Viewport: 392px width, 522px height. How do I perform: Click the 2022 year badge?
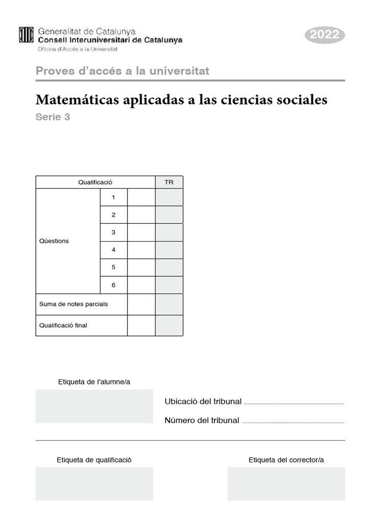point(325,35)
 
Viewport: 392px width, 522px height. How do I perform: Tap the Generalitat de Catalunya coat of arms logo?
point(26,35)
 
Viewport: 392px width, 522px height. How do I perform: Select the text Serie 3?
point(53,117)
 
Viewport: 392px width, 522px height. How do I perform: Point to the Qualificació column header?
point(95,182)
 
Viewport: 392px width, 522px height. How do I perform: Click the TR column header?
point(169,182)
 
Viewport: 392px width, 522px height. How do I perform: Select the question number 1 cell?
point(113,197)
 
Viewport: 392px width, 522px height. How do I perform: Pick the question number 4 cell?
point(113,250)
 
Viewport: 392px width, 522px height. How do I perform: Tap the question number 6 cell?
point(113,285)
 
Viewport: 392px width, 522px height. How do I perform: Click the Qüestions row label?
point(54,241)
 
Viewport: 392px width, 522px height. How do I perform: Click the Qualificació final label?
point(63,325)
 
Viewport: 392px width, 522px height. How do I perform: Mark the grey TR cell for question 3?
point(169,232)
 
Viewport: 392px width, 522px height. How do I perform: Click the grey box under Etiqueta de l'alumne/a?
point(94,406)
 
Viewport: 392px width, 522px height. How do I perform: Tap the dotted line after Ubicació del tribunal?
point(294,403)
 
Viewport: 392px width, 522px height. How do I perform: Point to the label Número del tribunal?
point(202,421)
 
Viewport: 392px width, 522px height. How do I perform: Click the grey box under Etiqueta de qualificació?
point(94,484)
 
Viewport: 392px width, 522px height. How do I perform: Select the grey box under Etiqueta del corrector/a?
point(286,484)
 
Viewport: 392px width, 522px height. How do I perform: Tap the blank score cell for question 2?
point(141,215)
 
